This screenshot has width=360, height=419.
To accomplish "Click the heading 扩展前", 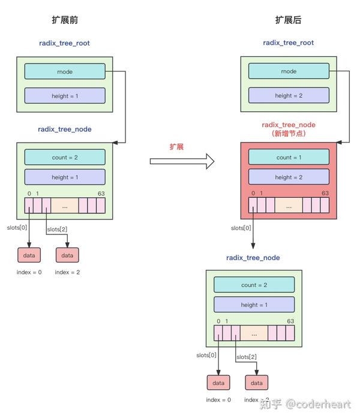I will tap(65, 20).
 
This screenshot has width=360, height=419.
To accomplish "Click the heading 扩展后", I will tap(288, 20).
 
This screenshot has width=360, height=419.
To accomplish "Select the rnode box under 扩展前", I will tap(65, 71).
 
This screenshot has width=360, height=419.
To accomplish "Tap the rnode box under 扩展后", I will tap(289, 71).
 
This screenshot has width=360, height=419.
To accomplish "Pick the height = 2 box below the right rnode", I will tap(289, 95).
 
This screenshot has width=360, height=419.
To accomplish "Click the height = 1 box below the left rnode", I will tap(65, 95).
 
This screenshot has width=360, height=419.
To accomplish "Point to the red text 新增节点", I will tap(289, 134).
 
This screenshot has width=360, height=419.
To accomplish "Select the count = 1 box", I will tap(289, 158).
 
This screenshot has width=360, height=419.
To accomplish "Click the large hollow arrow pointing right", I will tap(182, 161).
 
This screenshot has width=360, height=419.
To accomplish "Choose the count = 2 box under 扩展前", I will tap(65, 158).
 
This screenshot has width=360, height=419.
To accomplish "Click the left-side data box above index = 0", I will tap(29, 255).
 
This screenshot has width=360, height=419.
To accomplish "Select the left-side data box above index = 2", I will tap(67, 255).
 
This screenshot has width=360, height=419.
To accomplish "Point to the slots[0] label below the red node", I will tap(241, 228).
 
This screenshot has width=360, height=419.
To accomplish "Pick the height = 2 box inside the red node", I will tap(289, 177).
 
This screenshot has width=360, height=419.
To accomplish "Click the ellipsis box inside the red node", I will tap(289, 206).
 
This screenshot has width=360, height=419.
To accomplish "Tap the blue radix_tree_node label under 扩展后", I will tap(253, 258).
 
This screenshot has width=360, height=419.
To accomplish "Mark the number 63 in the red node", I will tap(325, 193).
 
